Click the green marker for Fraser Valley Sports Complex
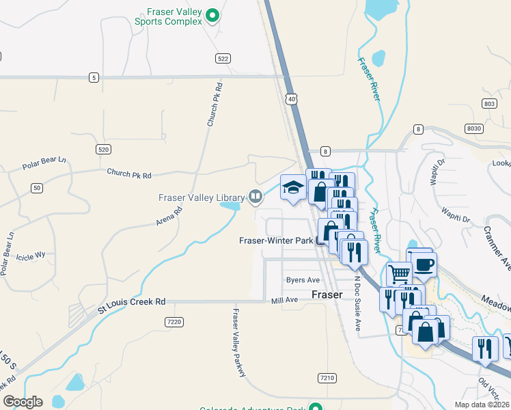[212, 14]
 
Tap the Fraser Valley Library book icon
[255, 197]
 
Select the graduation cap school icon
[293, 188]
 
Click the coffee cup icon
[424, 264]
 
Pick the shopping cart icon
[399, 275]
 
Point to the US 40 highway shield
[292, 100]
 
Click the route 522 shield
[223, 59]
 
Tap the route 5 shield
[93, 77]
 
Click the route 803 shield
[488, 103]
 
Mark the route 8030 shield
[473, 128]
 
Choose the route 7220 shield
[174, 321]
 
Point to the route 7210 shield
[327, 377]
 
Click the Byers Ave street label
[303, 280]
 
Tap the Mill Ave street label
[285, 300]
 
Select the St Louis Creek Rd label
[131, 301]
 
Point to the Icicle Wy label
[31, 255]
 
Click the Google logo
[23, 402]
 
